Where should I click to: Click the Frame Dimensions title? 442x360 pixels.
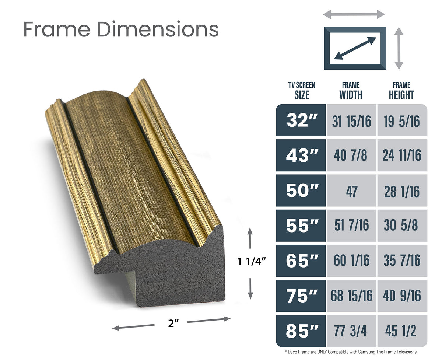pos(121,29)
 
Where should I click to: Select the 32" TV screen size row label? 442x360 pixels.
pos(301,120)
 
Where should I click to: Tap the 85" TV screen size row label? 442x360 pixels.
pos(301,331)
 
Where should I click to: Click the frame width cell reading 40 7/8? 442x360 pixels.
pos(351,155)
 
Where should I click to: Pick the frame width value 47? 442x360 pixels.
pos(351,191)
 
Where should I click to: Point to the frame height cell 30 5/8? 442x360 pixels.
pos(401,226)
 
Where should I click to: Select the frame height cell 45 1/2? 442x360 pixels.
pos(401,331)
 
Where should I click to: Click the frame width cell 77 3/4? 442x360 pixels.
pos(351,331)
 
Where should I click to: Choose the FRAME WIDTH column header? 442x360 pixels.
pos(351,91)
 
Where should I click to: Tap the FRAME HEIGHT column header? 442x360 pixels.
pos(401,91)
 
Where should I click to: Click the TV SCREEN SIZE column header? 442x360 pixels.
pos(301,91)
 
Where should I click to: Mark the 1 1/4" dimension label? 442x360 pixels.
pos(251,262)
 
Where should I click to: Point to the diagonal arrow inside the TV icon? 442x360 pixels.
pos(355,48)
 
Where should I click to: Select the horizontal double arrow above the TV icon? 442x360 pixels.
pos(354,15)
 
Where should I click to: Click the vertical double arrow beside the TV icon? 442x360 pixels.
pos(399,48)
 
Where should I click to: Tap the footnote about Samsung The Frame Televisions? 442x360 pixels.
pos(351,352)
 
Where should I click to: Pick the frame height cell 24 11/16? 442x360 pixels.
pos(401,155)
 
